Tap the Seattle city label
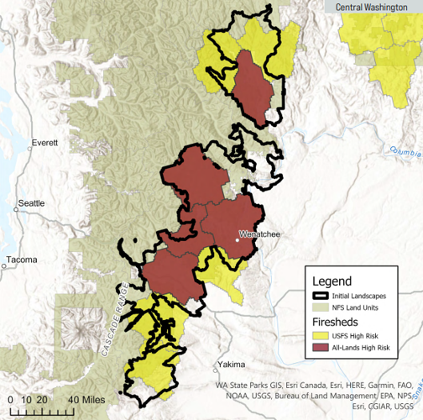(31, 204)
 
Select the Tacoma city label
(21, 260)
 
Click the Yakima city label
(230, 365)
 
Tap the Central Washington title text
(372, 8)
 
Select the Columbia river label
(404, 151)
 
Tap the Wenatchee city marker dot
(238, 239)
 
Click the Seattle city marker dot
(18, 204)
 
